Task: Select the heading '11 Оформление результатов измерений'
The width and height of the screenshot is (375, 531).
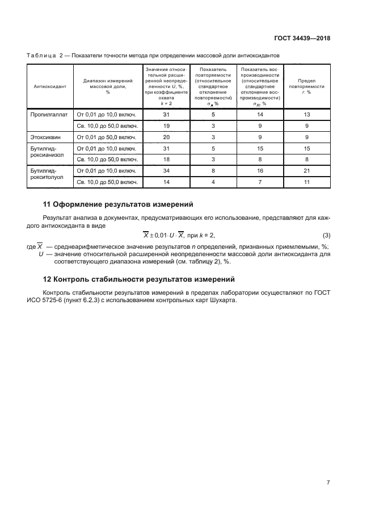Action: tap(119, 204)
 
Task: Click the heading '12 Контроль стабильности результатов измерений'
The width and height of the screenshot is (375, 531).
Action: tap(139, 279)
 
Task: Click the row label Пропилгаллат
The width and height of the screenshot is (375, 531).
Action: tap(50, 114)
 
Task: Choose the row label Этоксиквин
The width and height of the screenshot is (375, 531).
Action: tap(47, 137)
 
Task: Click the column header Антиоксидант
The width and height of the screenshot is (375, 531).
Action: tap(50, 86)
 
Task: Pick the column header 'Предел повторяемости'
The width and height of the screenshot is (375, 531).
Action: tap(306, 86)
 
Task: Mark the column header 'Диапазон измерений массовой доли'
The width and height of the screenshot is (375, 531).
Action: tap(108, 86)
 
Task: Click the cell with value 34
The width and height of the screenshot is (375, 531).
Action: tap(166, 170)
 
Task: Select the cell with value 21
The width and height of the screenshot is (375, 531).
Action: tap(306, 170)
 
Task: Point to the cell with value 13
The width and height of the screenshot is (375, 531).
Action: tap(306, 114)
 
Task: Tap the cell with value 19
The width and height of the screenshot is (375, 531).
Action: tap(166, 126)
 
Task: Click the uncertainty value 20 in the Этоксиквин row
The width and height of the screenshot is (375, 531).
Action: tap(166, 137)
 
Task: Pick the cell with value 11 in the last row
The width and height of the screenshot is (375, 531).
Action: tap(306, 182)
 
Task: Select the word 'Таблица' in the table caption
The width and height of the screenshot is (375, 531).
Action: tap(40, 55)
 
